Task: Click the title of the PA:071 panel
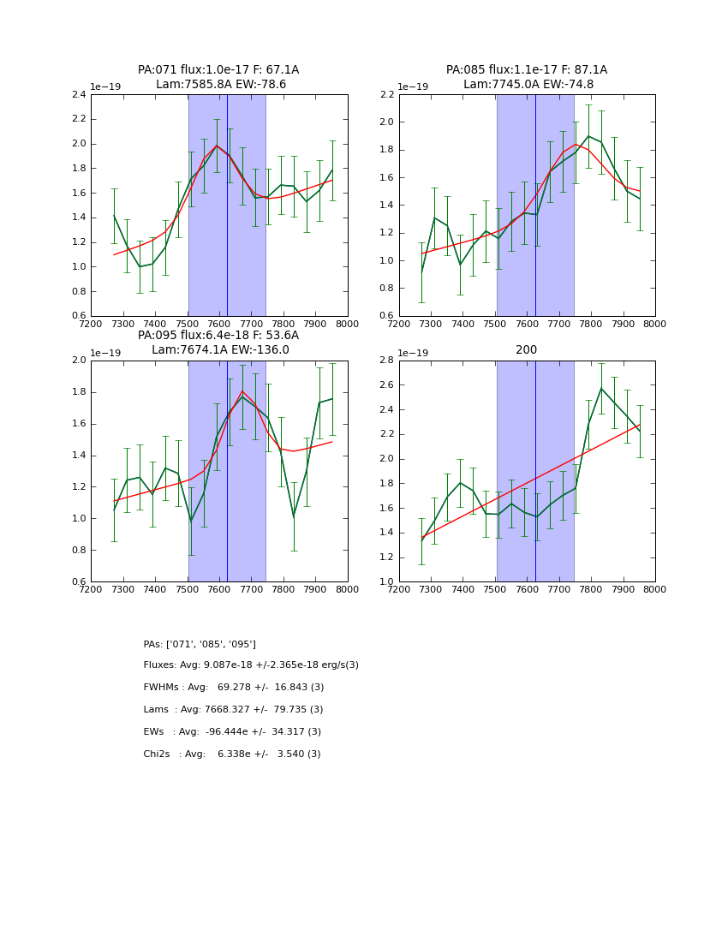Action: point(218,77)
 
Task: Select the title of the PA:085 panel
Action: point(527,77)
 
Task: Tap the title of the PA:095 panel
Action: point(218,343)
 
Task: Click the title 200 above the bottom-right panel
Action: point(527,349)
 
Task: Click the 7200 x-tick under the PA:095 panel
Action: point(91,590)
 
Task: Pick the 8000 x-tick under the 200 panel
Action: point(655,590)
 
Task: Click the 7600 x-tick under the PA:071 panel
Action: point(219,325)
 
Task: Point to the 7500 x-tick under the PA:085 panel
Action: point(495,325)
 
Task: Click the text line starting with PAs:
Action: point(200,644)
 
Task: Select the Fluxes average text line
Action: point(251,665)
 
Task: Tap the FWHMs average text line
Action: point(234,688)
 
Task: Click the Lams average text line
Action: point(233,710)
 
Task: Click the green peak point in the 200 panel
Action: point(601,388)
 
